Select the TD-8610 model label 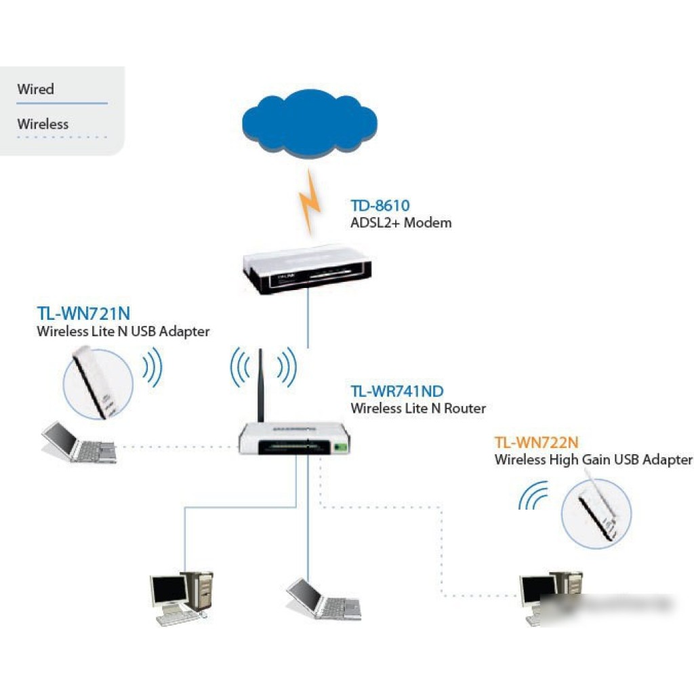380,205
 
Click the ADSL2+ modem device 307,269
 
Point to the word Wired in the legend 35,89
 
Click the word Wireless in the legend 43,124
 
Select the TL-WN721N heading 83,314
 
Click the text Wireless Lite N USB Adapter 123,331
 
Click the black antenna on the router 260,386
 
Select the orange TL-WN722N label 536,443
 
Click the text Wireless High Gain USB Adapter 593,460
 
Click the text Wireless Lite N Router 417,409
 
